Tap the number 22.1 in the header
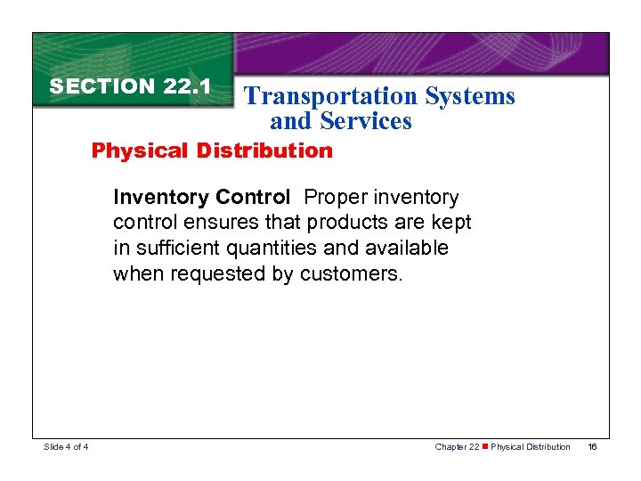[x=187, y=86]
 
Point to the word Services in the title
[x=370, y=121]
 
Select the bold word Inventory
[x=161, y=197]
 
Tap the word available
[x=407, y=248]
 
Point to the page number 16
[x=592, y=446]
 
